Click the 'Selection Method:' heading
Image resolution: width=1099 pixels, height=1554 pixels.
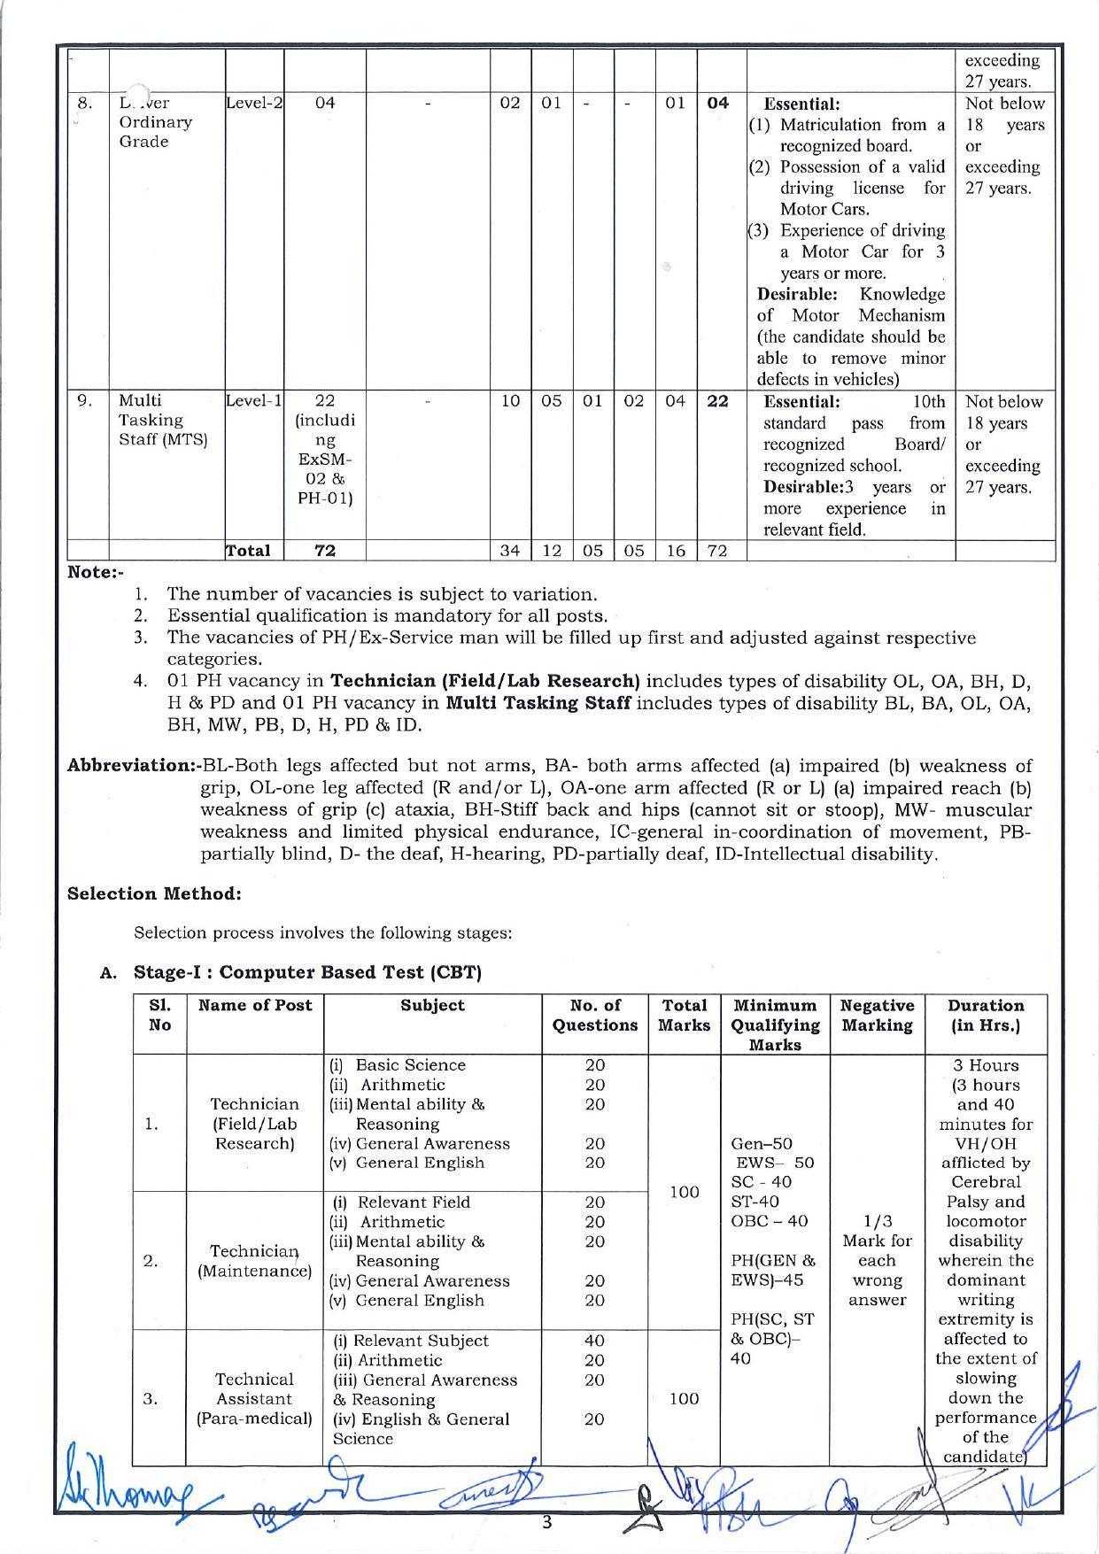click(x=154, y=893)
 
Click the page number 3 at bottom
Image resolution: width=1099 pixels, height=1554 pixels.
click(x=546, y=1523)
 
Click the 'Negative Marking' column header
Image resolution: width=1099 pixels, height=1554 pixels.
click(x=876, y=1016)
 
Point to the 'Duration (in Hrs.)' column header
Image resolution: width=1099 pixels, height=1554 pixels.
click(x=985, y=1016)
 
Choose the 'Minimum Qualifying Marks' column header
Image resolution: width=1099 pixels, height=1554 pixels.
click(x=774, y=1024)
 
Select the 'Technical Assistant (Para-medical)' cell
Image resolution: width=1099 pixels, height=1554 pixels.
click(x=254, y=1399)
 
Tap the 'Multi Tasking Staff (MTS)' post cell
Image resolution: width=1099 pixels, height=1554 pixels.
click(x=162, y=421)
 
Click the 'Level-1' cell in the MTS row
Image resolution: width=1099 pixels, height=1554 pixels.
click(x=254, y=401)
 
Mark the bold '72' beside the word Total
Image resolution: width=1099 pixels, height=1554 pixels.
click(x=325, y=551)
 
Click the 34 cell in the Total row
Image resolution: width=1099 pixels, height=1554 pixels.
click(x=509, y=551)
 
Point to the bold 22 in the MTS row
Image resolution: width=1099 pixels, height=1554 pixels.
click(x=717, y=401)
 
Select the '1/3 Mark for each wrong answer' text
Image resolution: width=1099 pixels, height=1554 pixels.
click(x=877, y=1261)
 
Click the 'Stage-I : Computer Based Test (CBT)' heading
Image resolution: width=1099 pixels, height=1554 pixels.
click(x=306, y=972)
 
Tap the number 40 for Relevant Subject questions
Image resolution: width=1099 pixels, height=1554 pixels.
click(x=594, y=1341)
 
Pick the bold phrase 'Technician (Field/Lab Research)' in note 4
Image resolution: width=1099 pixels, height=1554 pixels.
click(x=484, y=682)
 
